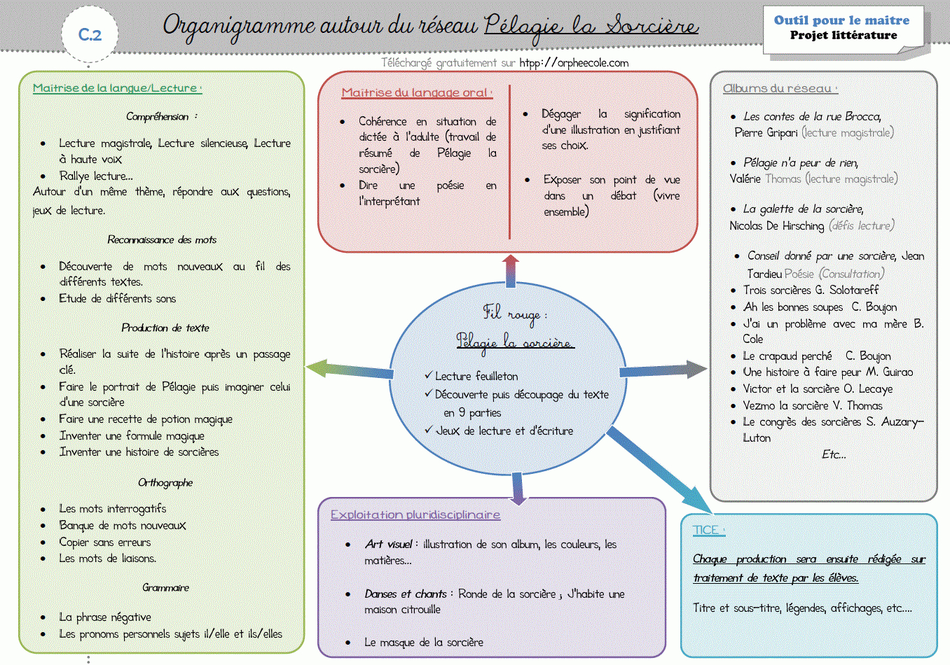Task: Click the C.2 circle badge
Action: click(90, 34)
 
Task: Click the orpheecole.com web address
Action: click(574, 63)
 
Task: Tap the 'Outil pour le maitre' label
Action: click(841, 20)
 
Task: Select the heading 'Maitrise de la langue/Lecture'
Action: click(116, 88)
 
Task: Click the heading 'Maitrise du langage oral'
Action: click(416, 92)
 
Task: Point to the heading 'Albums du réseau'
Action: click(779, 89)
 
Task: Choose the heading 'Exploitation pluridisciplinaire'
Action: click(415, 514)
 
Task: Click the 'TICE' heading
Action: click(708, 530)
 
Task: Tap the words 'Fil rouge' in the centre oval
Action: click(514, 313)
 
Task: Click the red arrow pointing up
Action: click(511, 270)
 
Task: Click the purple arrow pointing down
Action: click(518, 489)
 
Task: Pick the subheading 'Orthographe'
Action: click(165, 482)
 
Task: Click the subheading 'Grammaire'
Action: click(166, 587)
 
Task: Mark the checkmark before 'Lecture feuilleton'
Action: click(428, 375)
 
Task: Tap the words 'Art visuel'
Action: click(389, 544)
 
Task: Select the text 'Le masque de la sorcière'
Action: click(423, 642)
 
